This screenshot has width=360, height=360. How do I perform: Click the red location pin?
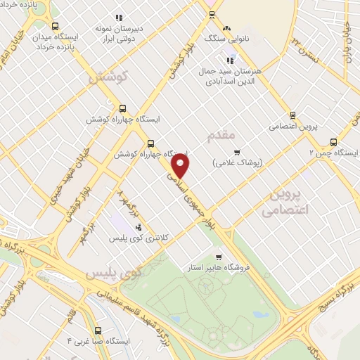pyautogui.click(x=181, y=167)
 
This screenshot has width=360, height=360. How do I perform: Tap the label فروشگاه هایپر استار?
pyautogui.click(x=220, y=268)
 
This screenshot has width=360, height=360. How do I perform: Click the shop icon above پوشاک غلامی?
pyautogui.click(x=236, y=152)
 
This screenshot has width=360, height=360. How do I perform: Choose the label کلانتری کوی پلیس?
pyautogui.click(x=138, y=238)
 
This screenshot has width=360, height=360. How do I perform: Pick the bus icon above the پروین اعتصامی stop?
pyautogui.click(x=292, y=115)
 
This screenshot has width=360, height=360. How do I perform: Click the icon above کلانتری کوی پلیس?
pyautogui.click(x=138, y=226)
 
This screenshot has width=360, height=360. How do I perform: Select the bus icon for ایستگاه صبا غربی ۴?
pyautogui.click(x=98, y=329)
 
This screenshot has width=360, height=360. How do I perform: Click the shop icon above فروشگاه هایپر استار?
pyautogui.click(x=219, y=257)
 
